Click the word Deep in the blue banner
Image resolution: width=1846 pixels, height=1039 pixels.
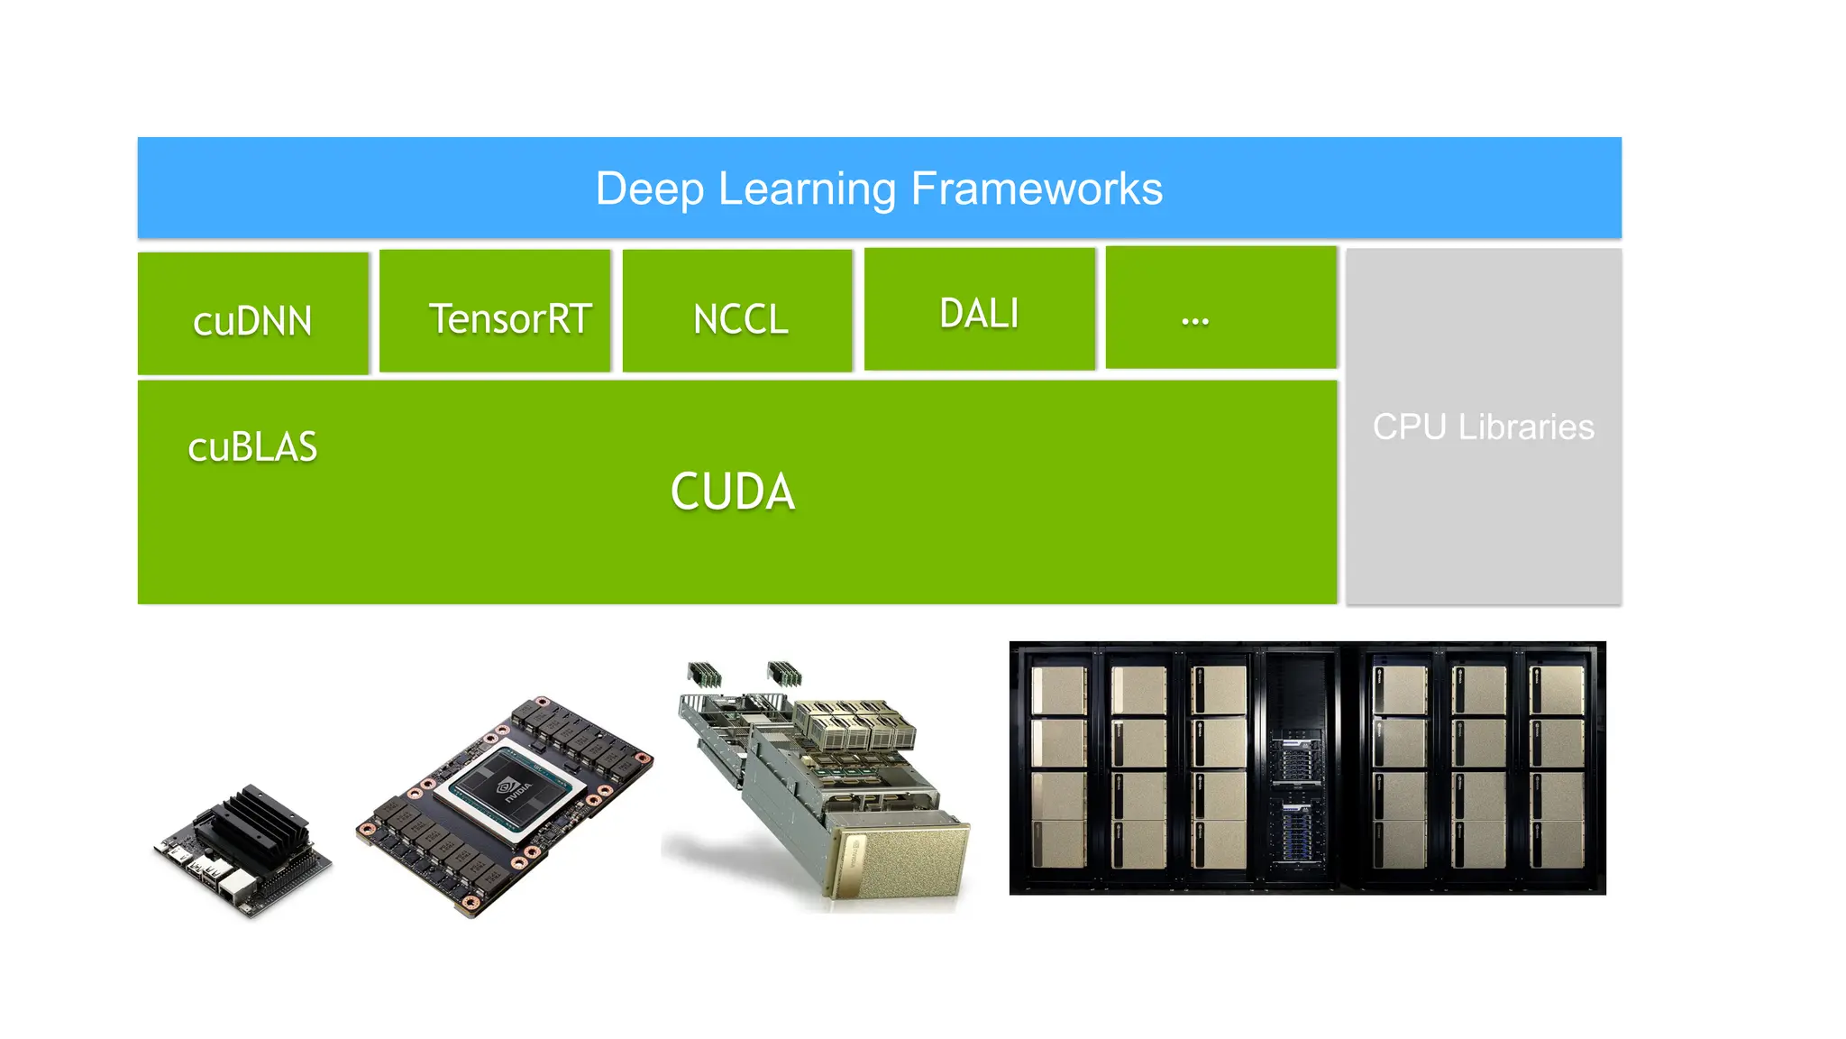[649, 189]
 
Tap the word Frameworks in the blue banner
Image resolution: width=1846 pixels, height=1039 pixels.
[1037, 189]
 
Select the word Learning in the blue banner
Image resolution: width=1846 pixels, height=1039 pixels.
[808, 189]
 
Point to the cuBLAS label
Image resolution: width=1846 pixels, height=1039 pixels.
[252, 447]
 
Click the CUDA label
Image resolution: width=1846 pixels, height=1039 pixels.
[732, 492]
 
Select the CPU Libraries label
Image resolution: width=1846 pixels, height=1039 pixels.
[1483, 428]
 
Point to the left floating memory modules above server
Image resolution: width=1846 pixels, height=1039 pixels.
[705, 674]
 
